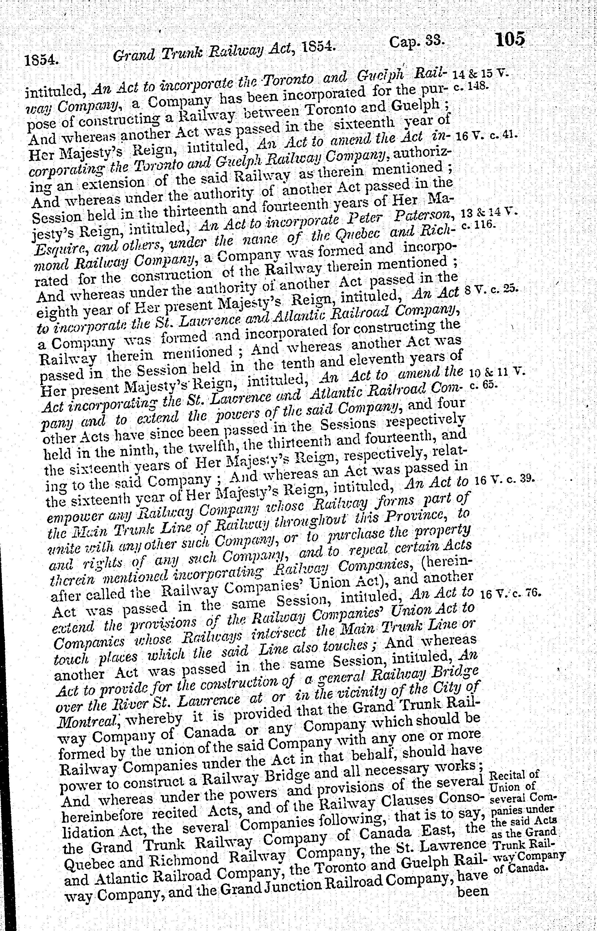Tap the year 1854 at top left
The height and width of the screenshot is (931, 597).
point(41,61)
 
